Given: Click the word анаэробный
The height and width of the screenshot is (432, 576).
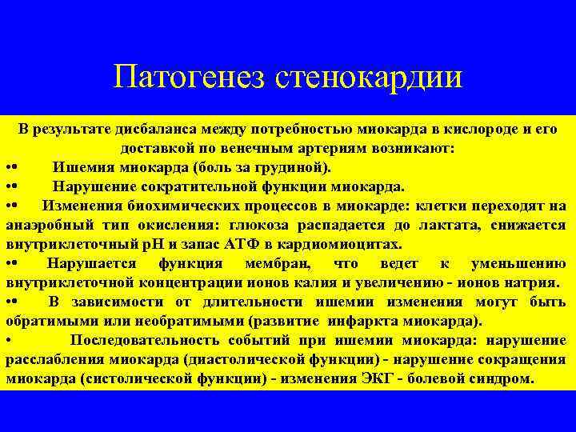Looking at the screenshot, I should tap(48, 225).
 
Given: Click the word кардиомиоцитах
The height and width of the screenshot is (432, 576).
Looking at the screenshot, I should tap(336, 244).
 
